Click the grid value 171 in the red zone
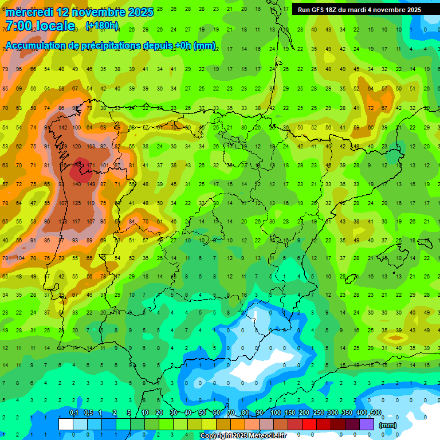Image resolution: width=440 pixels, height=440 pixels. click(91, 166)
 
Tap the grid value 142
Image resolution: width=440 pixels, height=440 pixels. click(62, 127)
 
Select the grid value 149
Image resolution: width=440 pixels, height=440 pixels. click(77, 166)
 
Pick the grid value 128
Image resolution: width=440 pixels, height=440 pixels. click(62, 222)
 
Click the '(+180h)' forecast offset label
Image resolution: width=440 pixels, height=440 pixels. click(102, 26)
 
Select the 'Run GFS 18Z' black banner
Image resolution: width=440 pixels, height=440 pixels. click(359, 10)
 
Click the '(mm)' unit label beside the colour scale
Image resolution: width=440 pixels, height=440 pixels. click(388, 425)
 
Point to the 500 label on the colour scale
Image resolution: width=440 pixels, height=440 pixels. click(375, 413)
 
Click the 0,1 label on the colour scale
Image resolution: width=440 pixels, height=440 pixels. click(74, 413)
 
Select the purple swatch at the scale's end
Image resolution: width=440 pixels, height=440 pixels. click(367, 424)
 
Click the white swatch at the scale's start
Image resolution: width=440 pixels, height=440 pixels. click(66, 424)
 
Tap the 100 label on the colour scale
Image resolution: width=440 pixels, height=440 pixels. click(275, 413)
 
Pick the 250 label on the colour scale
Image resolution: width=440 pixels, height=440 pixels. click(318, 413)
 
